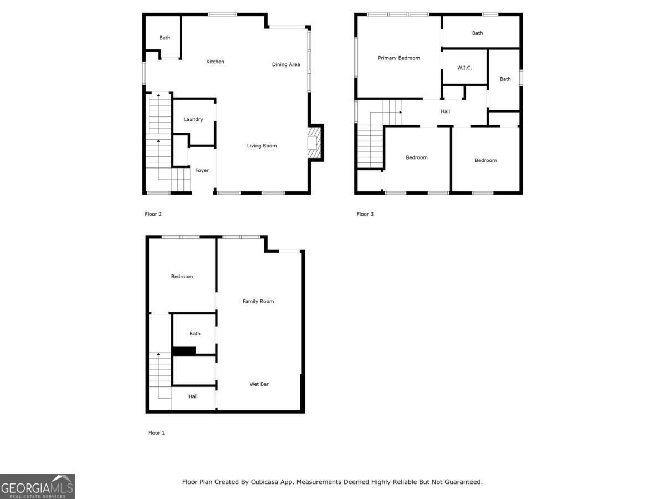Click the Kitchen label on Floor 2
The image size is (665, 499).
[215, 62]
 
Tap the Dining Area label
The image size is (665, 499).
[286, 64]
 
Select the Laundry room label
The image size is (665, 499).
[193, 119]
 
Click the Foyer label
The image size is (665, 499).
[202, 170]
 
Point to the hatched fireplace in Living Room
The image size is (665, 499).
[315, 142]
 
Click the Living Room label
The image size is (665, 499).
[262, 146]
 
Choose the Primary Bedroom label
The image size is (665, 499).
[399, 58]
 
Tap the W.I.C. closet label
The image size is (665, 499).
[464, 68]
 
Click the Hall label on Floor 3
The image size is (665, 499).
[445, 111]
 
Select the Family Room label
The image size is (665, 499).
[258, 301]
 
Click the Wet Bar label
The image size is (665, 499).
[259, 384]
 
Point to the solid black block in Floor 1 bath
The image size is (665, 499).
[185, 350]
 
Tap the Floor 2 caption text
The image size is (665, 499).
[154, 214]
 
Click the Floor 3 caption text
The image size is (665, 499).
[365, 214]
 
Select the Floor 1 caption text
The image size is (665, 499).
[156, 432]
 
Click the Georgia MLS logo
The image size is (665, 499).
[37, 486]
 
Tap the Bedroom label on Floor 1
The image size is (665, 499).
[182, 276]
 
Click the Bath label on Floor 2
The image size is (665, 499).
[165, 38]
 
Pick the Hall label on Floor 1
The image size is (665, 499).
[193, 396]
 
